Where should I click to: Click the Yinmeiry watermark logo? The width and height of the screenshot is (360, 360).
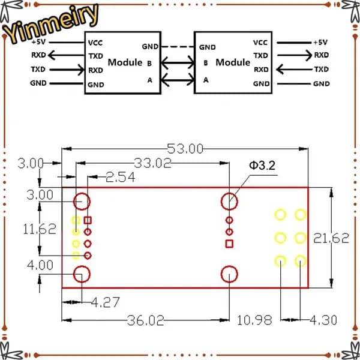coord(51,23)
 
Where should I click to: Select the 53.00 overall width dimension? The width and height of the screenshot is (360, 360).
coord(185,149)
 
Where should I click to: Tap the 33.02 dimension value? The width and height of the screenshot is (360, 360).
coord(152,163)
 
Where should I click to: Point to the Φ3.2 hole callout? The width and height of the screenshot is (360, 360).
coord(262,166)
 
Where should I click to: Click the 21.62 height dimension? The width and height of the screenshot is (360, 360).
coord(331,238)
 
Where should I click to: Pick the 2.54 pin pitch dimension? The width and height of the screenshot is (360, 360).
coord(121,177)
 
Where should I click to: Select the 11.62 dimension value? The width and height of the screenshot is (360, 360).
coord(40,229)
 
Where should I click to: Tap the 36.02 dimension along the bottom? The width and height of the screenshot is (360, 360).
coord(146,320)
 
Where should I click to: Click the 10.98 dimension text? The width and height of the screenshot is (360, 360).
coord(254,320)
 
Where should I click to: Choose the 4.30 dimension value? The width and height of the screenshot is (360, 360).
coord(323,320)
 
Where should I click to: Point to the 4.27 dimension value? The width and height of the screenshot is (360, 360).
coord(106,302)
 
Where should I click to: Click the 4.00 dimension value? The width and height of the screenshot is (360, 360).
coord(40,265)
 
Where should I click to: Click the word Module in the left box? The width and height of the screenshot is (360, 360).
coord(125,62)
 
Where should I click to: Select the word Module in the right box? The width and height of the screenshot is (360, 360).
coord(233,62)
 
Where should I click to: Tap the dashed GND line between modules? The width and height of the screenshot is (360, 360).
coord(177,47)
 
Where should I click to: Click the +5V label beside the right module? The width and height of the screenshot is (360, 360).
coord(320,42)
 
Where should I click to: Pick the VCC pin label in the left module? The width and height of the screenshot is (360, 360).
coord(95,43)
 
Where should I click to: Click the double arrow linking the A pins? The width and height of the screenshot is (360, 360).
coord(178,80)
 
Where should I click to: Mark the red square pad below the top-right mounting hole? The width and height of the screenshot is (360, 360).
coord(229,244)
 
